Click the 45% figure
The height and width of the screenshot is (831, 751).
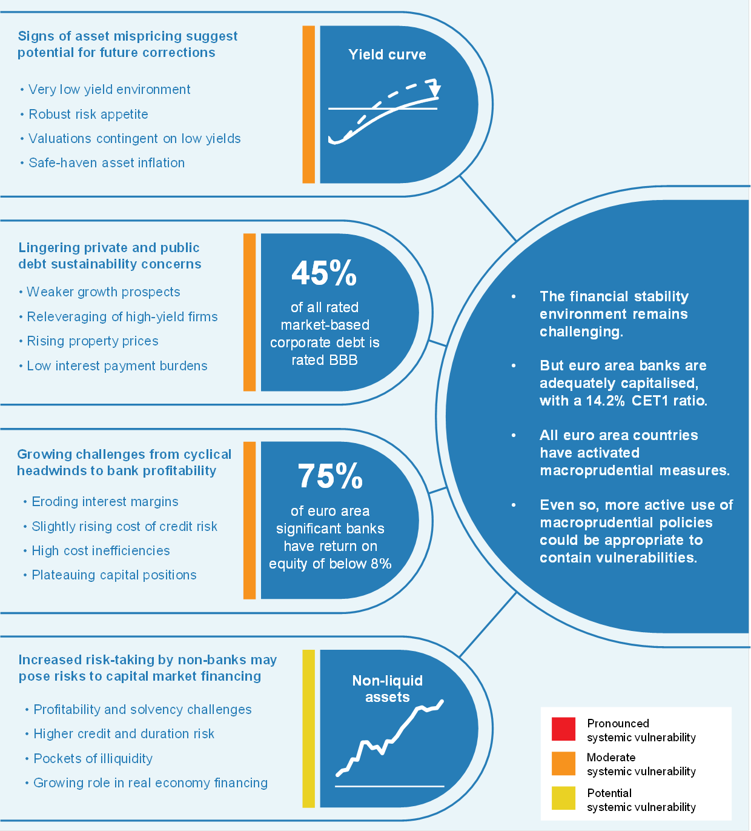pos(324,273)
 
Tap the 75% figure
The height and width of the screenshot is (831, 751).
pos(330,476)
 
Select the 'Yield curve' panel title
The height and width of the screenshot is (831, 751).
pos(387,55)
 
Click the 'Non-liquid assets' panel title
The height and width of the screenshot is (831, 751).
pos(388,689)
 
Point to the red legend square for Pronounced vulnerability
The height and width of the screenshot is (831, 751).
pos(563,729)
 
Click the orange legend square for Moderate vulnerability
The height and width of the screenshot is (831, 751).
pos(563,764)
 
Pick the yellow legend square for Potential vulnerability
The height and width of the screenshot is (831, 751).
pos(563,798)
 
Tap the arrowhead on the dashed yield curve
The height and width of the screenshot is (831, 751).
pos(434,92)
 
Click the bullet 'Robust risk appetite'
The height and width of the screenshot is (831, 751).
pos(88,115)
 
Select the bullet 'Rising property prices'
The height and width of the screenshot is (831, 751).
pos(93,341)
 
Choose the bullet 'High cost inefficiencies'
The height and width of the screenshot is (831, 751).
pos(101,551)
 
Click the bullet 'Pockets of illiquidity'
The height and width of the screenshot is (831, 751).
pos(93,759)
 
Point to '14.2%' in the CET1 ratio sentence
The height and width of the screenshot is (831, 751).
pos(605,401)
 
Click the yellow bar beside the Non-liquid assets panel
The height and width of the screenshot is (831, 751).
pos(308,729)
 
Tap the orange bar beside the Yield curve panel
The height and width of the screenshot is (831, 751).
pos(308,104)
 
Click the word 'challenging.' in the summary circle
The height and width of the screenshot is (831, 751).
pos(581,332)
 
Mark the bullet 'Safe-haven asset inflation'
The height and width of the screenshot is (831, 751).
pos(107,163)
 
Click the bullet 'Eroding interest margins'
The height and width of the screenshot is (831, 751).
pos(105,502)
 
